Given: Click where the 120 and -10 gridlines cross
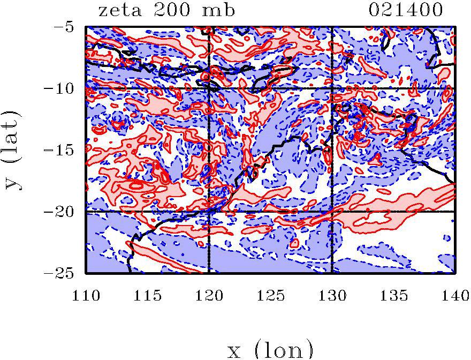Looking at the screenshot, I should pyautogui.click(x=209, y=88).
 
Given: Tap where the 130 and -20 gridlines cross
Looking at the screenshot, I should pyautogui.click(x=332, y=212).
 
